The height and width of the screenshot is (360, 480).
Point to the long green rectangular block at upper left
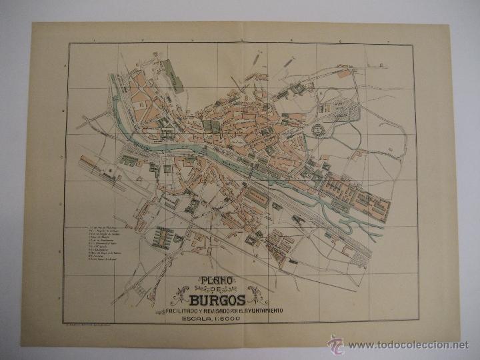pos(175,75)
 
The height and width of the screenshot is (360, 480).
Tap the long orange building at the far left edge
pos(91,165)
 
